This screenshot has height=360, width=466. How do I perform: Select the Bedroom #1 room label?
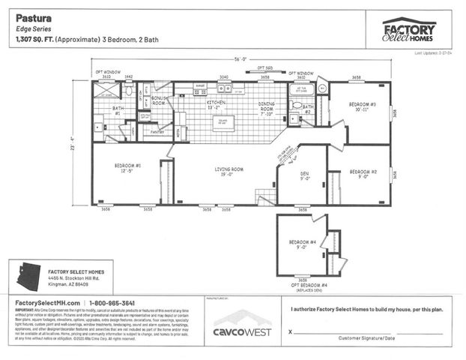(127, 167)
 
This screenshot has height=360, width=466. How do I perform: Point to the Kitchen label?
(217, 103)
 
